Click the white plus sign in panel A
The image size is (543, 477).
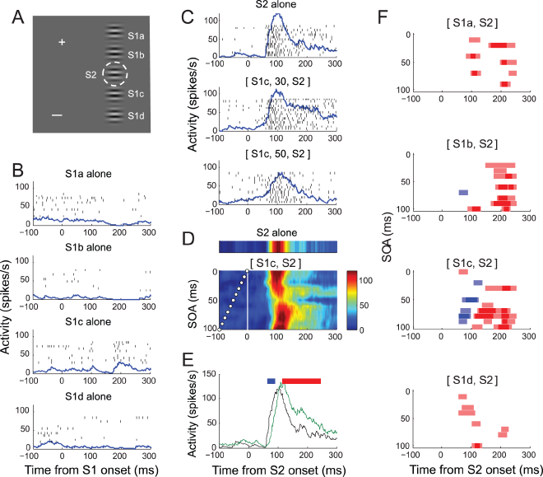point(62,41)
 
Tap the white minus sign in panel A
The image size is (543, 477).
point(56,115)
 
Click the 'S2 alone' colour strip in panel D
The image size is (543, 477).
point(279,248)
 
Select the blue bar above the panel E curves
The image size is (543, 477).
point(271,381)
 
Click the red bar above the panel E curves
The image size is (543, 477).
point(301,381)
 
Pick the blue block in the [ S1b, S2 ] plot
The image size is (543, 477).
point(463,193)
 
